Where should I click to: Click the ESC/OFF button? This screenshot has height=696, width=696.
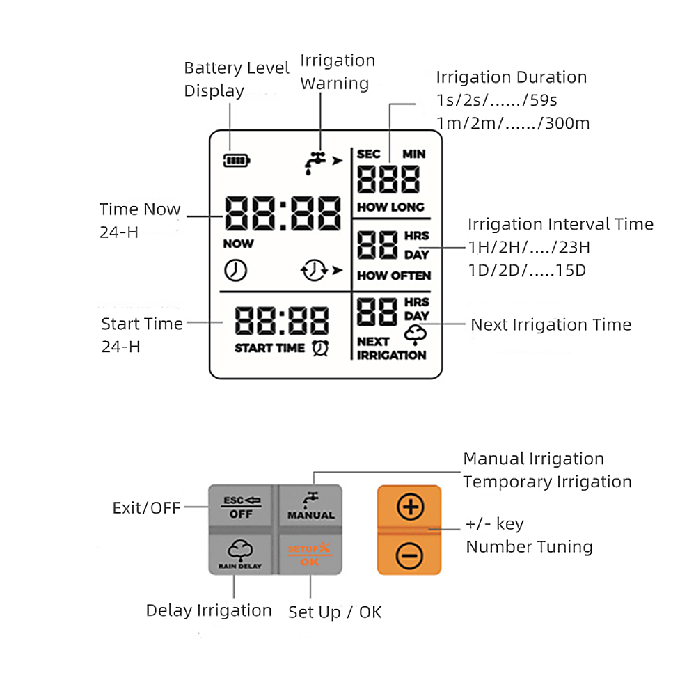click(x=243, y=507)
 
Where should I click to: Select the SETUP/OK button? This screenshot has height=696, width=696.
click(x=310, y=555)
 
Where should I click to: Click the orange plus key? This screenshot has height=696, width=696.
click(x=410, y=507)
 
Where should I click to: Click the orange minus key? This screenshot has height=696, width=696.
click(x=410, y=555)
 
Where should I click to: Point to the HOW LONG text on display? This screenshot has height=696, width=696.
click(x=390, y=207)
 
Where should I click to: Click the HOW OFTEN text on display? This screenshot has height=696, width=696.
click(x=394, y=276)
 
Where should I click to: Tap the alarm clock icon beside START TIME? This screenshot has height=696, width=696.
click(x=321, y=348)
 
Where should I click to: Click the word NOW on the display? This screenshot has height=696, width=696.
click(x=238, y=244)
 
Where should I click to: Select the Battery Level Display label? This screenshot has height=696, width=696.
click(x=236, y=79)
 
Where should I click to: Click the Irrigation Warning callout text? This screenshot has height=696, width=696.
click(x=338, y=72)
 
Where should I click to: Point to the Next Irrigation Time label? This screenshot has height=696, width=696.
click(x=551, y=325)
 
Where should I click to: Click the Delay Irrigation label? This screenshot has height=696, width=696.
click(x=209, y=610)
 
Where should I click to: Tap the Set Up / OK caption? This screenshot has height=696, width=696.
click(x=335, y=612)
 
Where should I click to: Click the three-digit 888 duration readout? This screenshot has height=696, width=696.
click(x=388, y=180)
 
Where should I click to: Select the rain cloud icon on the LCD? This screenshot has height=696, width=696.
click(x=415, y=335)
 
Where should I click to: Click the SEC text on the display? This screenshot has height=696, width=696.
click(x=369, y=154)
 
